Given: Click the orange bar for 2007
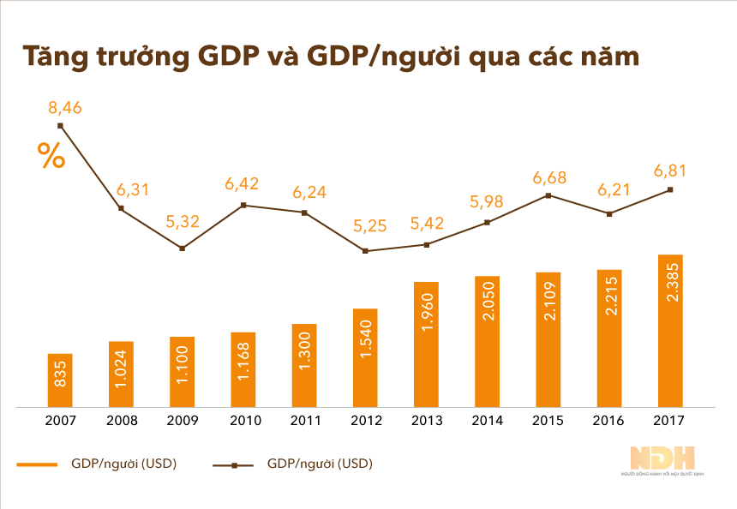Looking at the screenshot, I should click(x=60, y=380).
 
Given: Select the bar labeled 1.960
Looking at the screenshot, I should click(x=426, y=344).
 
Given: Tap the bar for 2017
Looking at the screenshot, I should click(x=669, y=330).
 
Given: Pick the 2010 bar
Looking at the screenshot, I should click(x=243, y=368).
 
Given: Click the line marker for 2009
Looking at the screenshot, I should click(x=182, y=249).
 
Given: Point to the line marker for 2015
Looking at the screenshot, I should click(x=548, y=195).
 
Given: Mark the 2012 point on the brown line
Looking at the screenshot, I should click(x=365, y=251).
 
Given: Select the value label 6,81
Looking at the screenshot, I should click(x=669, y=171).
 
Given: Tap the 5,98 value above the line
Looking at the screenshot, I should click(x=487, y=203).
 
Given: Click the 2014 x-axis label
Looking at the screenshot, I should click(x=487, y=421).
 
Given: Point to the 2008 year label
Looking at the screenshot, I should click(x=122, y=421).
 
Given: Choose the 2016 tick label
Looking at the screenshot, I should click(x=608, y=421).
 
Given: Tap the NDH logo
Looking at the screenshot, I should click(x=662, y=458).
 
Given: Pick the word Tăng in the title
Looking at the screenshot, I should click(x=53, y=57).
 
